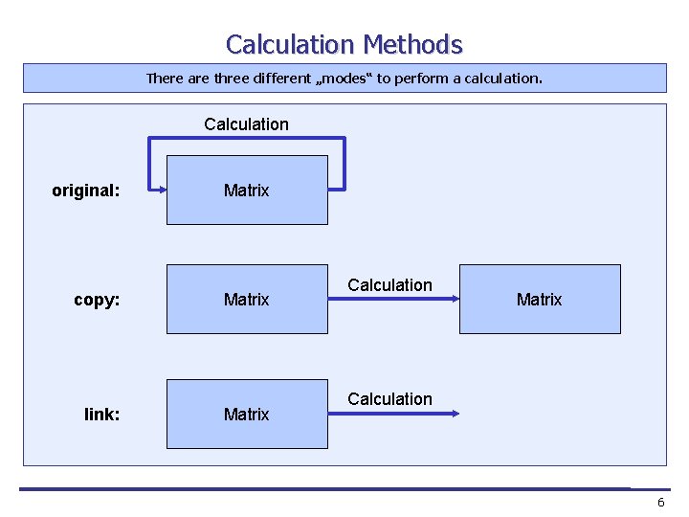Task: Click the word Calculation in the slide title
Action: pos(290,45)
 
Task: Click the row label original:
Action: pos(86,191)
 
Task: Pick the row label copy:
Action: pos(97,300)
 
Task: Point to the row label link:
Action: pos(102,415)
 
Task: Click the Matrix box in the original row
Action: pos(247,191)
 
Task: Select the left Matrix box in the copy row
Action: pos(247,300)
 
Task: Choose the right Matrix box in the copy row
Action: pos(540,300)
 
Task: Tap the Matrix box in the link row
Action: pos(247,415)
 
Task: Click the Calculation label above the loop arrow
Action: pos(246,124)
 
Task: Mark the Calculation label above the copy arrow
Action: pos(389,285)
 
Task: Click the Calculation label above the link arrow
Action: pos(389,399)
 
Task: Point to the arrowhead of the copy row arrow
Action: pos(455,300)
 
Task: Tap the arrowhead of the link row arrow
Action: pos(455,415)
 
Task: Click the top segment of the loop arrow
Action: pos(246,139)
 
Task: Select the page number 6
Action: pos(660,503)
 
